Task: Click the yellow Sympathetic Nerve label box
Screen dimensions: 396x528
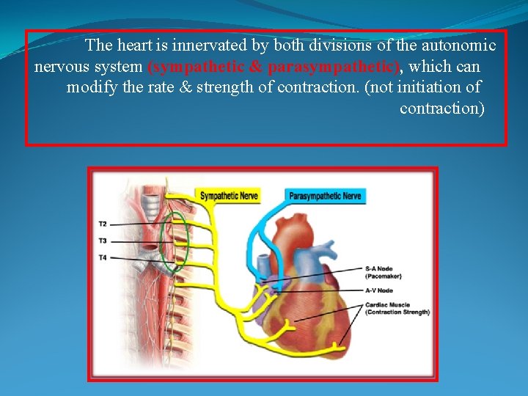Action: point(230,196)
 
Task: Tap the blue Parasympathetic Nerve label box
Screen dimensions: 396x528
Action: point(325,196)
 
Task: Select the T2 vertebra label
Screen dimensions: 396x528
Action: point(103,224)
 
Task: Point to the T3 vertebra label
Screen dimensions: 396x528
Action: point(103,241)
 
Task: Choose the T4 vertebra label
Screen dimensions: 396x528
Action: point(103,257)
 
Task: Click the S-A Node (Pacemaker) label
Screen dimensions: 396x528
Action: point(384,272)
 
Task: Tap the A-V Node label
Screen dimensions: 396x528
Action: point(379,290)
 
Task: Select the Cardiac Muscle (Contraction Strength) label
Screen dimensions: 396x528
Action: point(396,308)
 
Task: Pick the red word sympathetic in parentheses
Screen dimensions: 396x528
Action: point(194,67)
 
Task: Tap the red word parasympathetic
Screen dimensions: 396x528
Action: point(334,67)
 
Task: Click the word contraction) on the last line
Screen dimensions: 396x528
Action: point(442,109)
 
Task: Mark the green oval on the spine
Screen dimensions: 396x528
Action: point(175,242)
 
